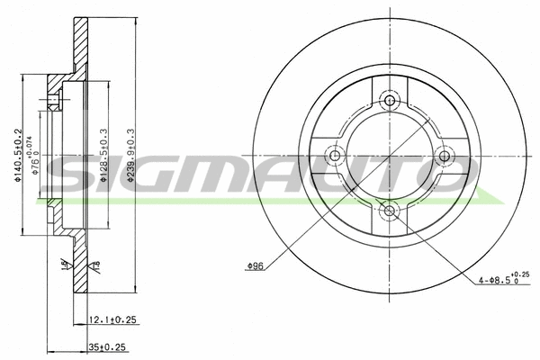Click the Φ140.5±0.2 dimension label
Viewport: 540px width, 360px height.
pos(18,156)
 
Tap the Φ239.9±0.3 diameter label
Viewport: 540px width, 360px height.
pos(131,156)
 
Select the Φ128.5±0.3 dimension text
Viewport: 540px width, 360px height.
pos(104,156)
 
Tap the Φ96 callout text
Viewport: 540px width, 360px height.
pos(255,265)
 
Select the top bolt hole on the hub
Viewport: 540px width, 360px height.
pos(390,100)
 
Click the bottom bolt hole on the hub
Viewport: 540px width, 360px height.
pos(390,211)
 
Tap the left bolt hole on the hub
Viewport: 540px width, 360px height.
pos(335,156)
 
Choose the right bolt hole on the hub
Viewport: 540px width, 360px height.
pos(445,156)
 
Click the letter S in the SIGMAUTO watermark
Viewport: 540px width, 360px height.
pos(67,176)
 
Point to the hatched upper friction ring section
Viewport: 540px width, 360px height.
pos(82,45)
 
